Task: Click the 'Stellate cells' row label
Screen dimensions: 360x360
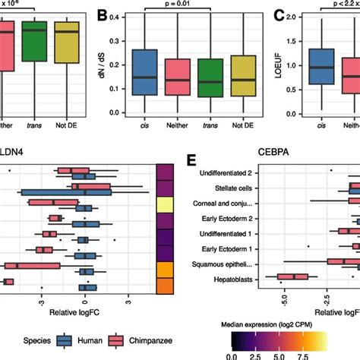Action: pyautogui.click(x=243, y=190)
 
